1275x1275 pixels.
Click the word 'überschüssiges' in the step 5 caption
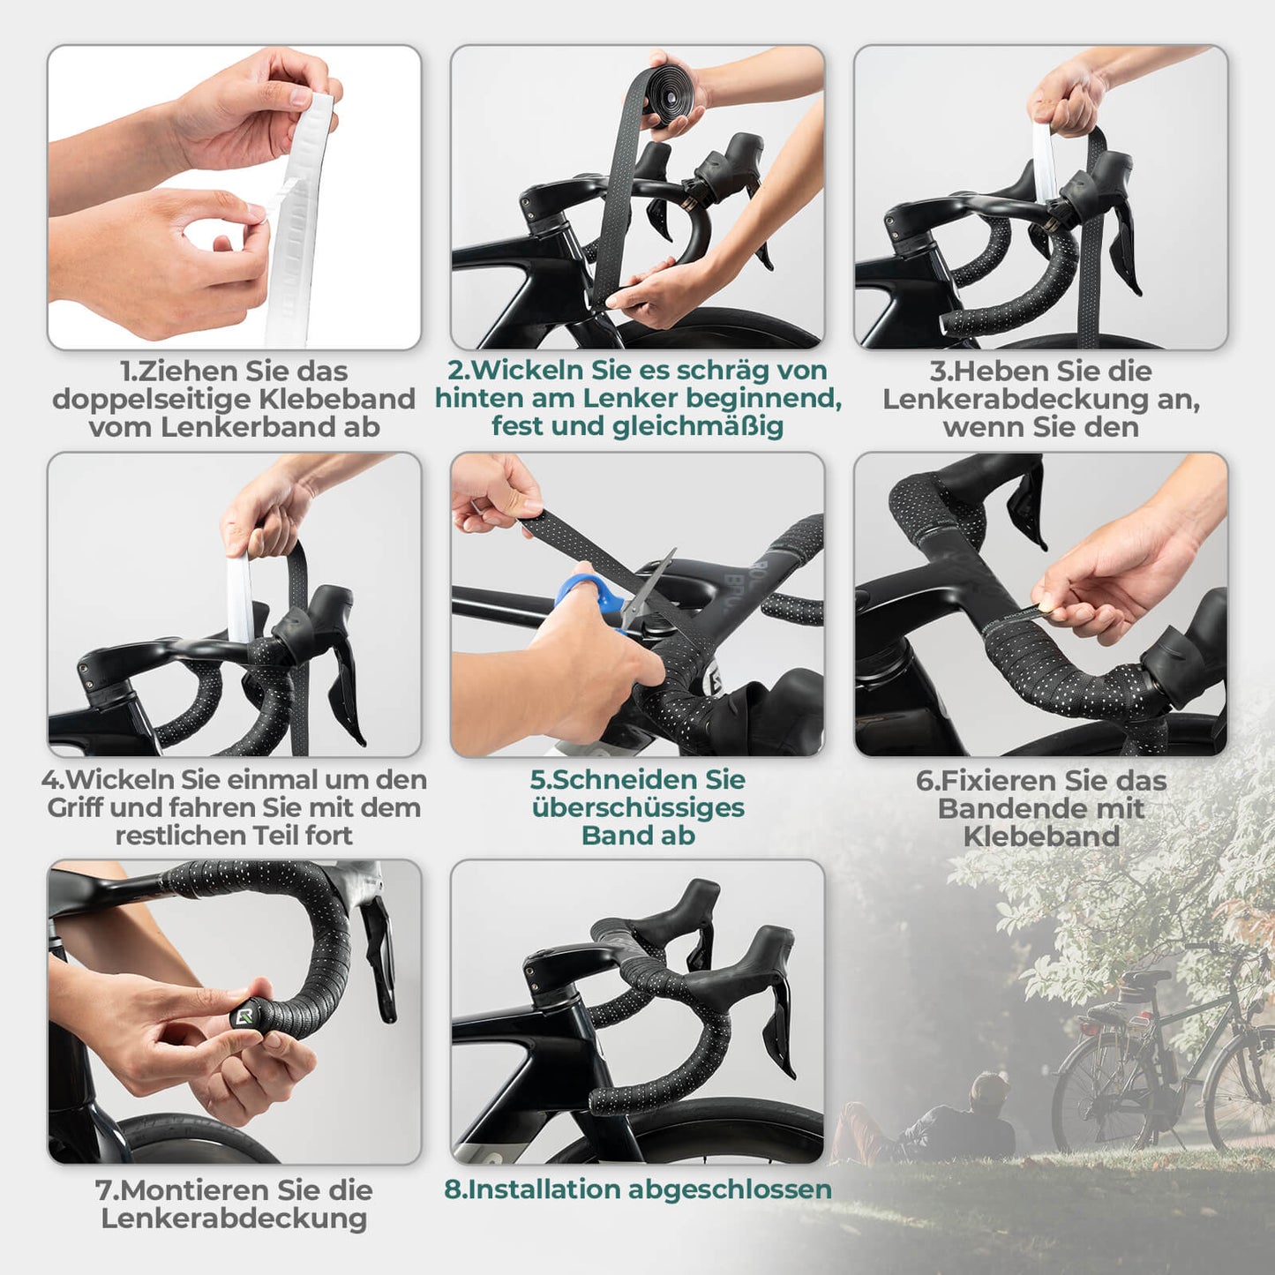[638, 807]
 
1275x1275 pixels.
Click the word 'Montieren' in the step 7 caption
[195, 1189]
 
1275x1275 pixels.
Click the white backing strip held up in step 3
[1045, 163]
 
